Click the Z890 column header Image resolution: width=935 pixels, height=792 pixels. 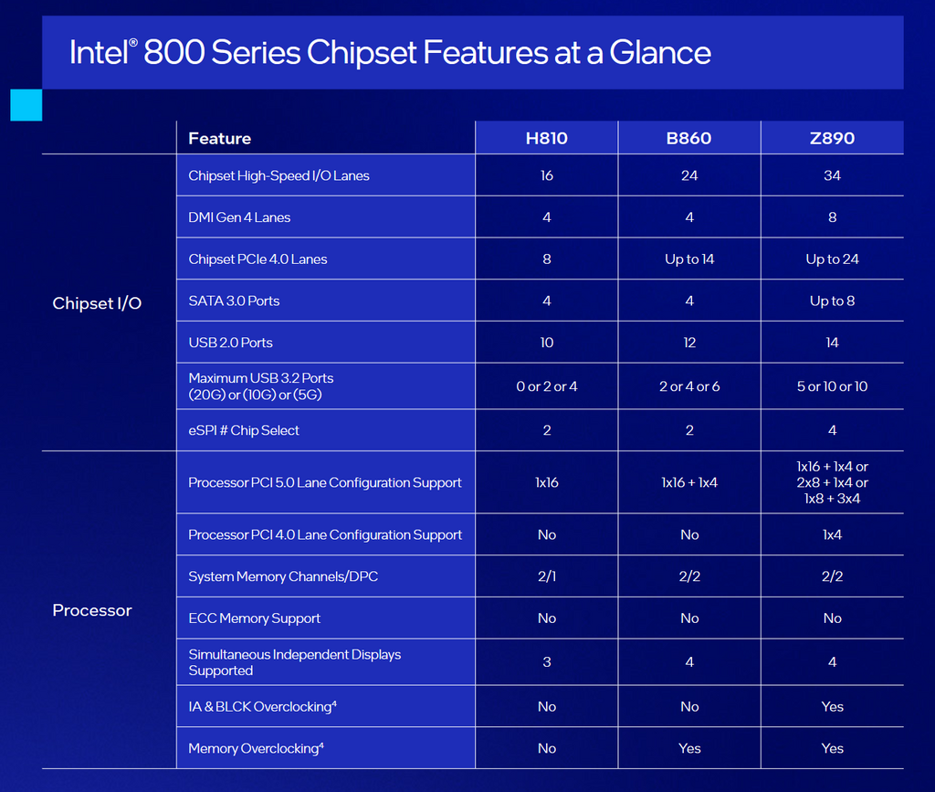pos(832,138)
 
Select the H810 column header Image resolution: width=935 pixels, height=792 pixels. pos(546,138)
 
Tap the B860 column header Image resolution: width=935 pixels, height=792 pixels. pos(688,138)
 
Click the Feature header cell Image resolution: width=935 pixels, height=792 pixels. pos(219,138)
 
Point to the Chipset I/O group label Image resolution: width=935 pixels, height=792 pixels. pos(97,303)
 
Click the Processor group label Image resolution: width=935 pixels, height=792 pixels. pos(92,610)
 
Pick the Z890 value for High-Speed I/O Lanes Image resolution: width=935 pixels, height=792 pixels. pos(832,175)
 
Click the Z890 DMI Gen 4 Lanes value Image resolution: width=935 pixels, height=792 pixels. pos(832,217)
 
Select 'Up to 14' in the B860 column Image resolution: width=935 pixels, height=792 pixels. pos(689,259)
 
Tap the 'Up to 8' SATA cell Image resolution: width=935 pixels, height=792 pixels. pos(832,301)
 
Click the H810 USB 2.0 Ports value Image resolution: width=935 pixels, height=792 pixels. pos(546,343)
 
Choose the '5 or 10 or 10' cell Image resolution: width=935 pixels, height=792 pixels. pos(832,386)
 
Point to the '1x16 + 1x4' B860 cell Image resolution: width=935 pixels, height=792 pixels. pos(689,482)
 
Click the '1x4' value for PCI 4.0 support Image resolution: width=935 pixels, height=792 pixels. pos(832,535)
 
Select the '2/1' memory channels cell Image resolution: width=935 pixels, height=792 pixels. pos(546,576)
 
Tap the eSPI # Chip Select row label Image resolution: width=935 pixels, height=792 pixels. pos(243,430)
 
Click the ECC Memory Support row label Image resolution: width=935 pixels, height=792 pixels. pos(254,618)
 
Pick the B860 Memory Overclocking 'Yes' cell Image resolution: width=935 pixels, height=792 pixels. pos(689,748)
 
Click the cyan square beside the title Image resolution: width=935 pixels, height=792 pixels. pos(26,105)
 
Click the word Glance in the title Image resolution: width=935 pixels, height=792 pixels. pos(660,52)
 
